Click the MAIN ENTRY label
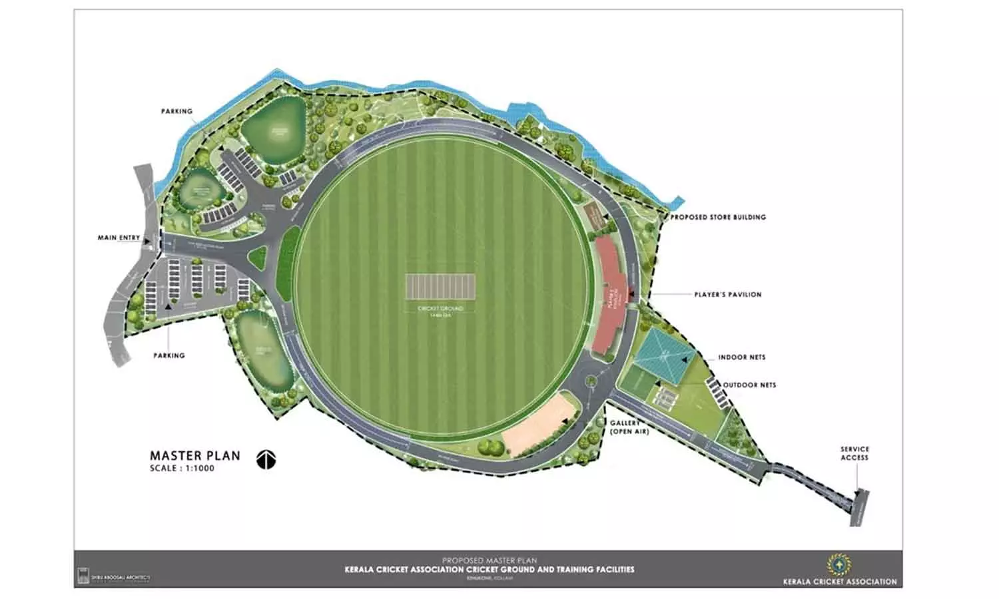119,238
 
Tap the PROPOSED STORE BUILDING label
718,217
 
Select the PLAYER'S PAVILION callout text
727,294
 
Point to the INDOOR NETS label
741,357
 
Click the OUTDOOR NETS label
749,385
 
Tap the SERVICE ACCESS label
854,453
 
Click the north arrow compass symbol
266,459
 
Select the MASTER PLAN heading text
194,456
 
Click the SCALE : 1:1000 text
182,468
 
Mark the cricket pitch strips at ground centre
441,288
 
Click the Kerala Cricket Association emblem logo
838,564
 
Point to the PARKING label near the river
176,111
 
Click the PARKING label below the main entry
169,355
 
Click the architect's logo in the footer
83,575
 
